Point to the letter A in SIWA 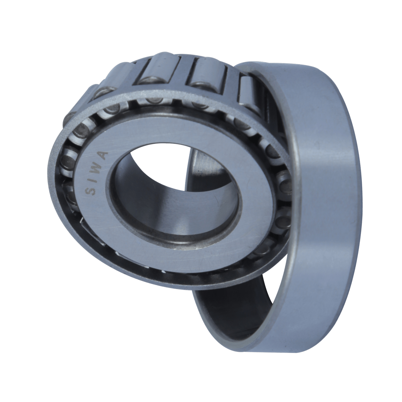(x=104, y=154)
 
